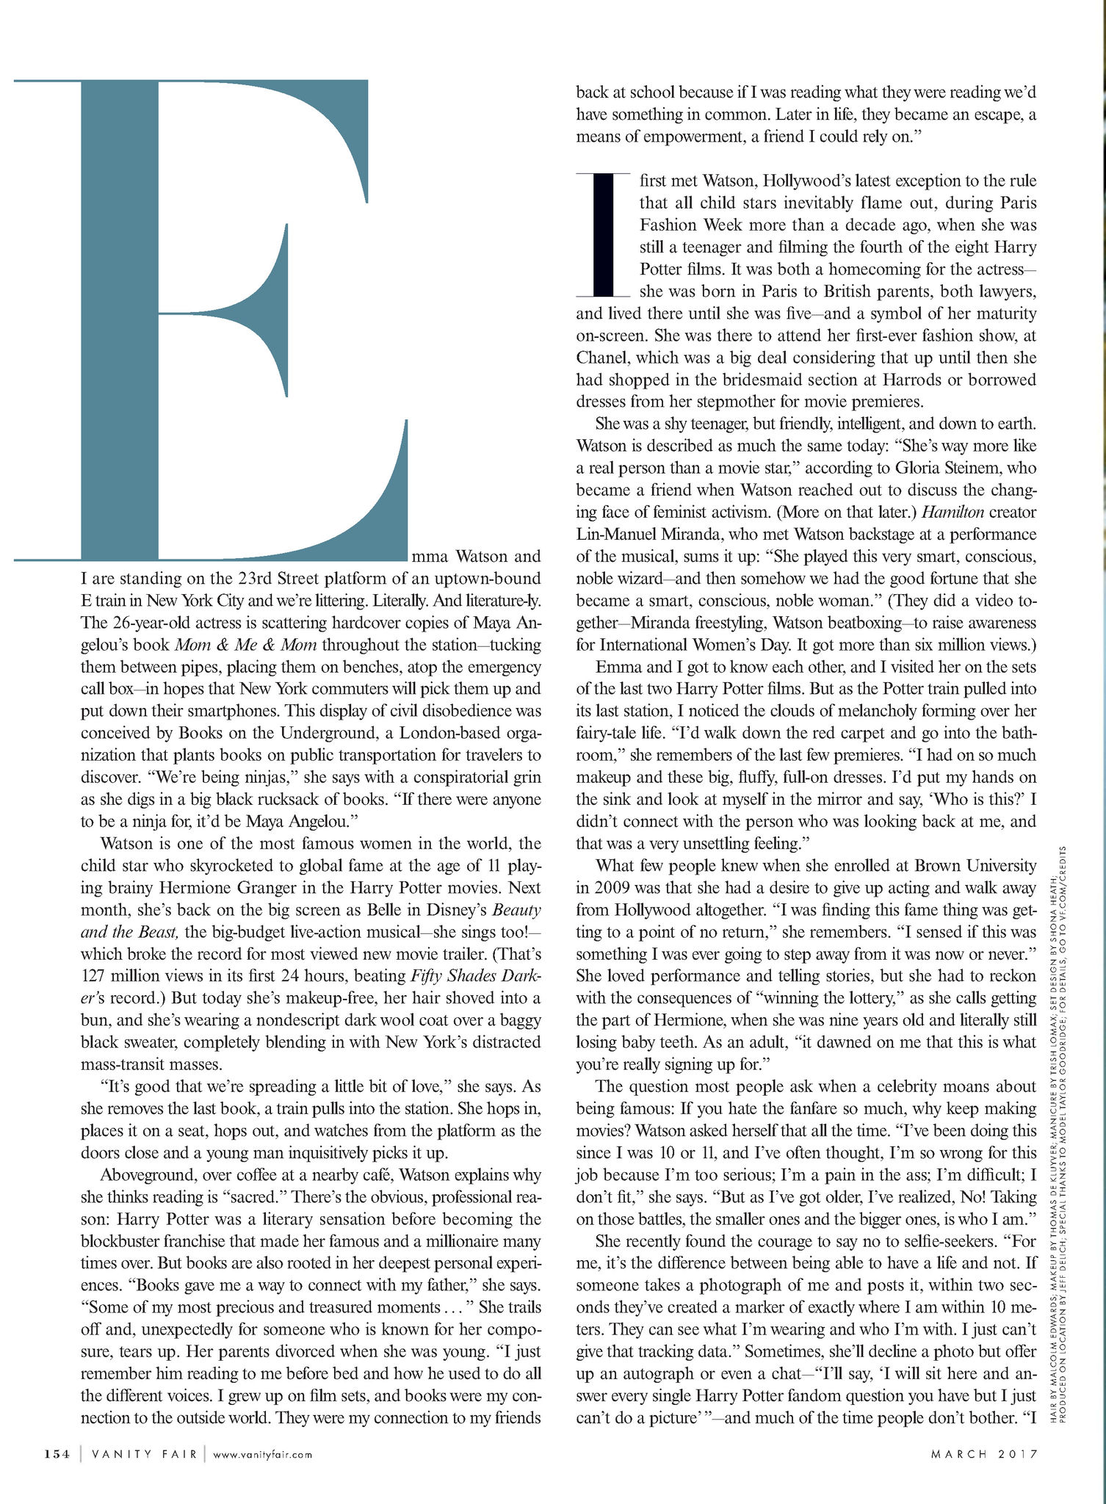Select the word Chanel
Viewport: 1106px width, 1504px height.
[601, 358]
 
